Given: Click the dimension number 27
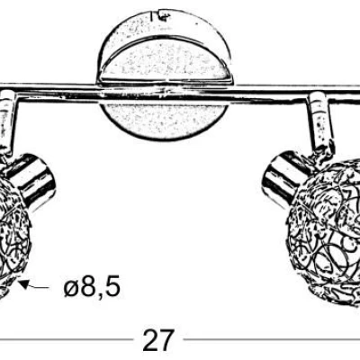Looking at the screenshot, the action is click(158, 339).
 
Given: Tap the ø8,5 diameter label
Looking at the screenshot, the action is click(92, 285).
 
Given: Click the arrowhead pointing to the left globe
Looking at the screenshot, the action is click(24, 284).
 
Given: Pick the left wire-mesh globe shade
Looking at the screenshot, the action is click(13, 237).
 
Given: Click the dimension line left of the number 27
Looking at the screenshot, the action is click(67, 339).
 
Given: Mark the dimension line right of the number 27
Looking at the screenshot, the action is click(272, 339).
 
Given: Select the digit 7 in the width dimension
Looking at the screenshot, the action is click(166, 339).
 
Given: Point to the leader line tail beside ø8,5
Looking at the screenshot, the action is click(40, 287).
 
